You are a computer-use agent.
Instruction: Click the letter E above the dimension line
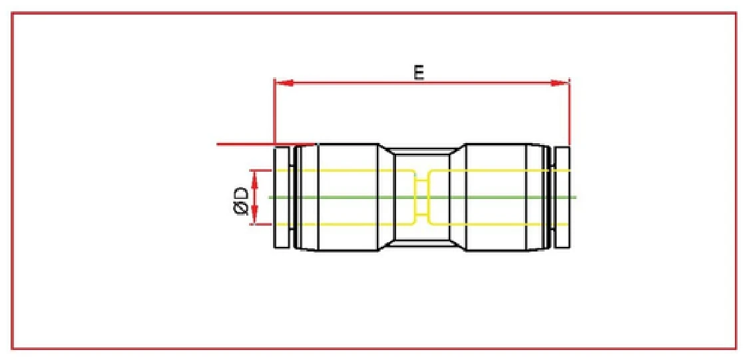click(x=419, y=72)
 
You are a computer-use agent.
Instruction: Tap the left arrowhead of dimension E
click(x=284, y=83)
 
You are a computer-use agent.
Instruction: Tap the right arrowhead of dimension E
click(x=562, y=83)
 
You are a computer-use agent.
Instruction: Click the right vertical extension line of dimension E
click(x=570, y=113)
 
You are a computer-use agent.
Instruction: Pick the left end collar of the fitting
click(x=282, y=198)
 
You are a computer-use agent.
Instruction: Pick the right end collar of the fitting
click(x=563, y=198)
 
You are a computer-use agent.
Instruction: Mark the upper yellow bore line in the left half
click(x=346, y=170)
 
